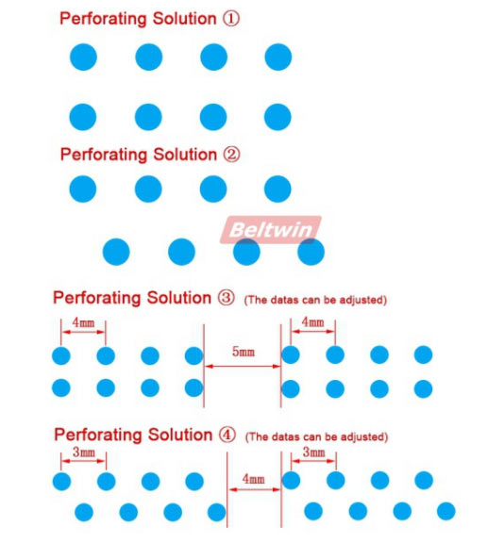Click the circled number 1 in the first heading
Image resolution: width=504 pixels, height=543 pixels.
(231, 18)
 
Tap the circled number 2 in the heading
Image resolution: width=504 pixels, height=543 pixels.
(231, 155)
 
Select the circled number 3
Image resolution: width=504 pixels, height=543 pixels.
(226, 298)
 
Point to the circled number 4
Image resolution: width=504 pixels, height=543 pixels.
(227, 435)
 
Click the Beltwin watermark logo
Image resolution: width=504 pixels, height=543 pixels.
(271, 230)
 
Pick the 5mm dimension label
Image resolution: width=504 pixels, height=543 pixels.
(244, 352)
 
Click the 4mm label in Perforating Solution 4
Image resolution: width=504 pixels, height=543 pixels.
(253, 479)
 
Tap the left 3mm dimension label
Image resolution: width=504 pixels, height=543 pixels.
(84, 452)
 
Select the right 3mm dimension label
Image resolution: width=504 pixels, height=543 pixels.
(313, 452)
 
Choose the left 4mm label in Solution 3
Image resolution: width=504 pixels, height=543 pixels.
(83, 322)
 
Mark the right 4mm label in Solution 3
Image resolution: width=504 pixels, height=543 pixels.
(312, 322)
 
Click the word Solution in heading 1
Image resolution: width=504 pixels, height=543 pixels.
(185, 18)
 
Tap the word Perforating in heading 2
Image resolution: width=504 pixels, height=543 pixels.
(105, 156)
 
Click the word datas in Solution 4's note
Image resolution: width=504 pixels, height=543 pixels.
(285, 436)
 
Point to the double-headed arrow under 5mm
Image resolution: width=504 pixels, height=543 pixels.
(243, 366)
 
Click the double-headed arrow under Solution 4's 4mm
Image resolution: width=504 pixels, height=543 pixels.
(255, 489)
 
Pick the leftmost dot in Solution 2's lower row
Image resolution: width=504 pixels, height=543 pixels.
(116, 252)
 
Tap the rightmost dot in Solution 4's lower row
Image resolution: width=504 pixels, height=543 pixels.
(446, 511)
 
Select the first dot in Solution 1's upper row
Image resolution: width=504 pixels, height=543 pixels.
(83, 58)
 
